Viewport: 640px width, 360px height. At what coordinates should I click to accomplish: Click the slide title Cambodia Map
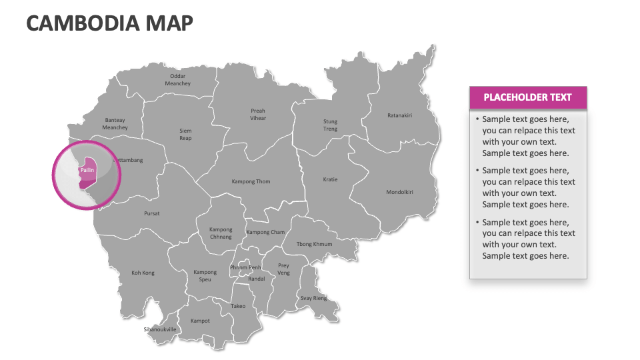coord(110,23)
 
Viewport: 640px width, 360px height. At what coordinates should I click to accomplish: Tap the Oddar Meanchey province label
coord(177,80)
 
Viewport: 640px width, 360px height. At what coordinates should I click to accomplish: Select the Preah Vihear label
coord(258,115)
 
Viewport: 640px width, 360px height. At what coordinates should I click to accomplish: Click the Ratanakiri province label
coord(399,115)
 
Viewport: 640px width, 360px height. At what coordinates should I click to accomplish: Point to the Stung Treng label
coord(330,125)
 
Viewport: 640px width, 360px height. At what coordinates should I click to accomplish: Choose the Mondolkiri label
coord(399,192)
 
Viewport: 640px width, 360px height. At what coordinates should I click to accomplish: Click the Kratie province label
coord(330,179)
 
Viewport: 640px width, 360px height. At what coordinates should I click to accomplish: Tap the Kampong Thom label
coord(251,181)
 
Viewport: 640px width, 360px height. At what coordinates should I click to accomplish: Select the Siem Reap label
coord(185,135)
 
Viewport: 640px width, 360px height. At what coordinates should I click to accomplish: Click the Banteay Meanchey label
coord(115,124)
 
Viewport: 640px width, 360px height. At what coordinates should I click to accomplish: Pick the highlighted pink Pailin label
coord(87,171)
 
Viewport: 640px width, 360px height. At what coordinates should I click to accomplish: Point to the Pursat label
coord(152,213)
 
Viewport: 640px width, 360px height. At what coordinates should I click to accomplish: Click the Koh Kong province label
coord(143,273)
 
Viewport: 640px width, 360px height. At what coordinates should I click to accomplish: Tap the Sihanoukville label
coord(161,329)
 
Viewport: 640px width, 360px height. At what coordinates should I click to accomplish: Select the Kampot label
coord(200,321)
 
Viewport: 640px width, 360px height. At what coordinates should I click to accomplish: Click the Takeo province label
coord(238,306)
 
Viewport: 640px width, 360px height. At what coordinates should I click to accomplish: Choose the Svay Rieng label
coord(313,298)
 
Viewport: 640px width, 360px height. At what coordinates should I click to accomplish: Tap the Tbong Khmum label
coord(314,244)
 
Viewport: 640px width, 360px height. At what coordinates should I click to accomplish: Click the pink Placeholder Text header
coord(527,97)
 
